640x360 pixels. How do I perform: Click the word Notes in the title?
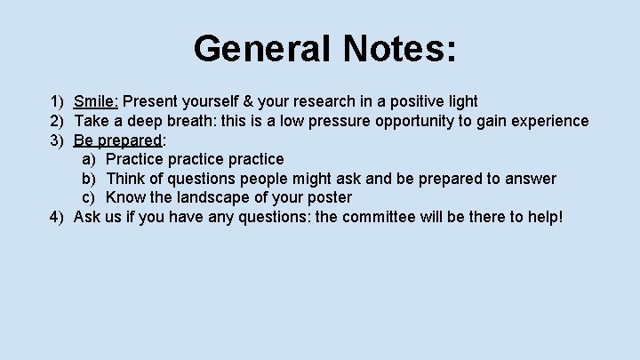396,49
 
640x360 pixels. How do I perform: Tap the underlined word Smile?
96,101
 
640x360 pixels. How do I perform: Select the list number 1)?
58,101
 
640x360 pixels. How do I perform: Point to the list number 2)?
58,121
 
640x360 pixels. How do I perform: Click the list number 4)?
58,217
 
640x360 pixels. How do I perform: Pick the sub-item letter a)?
89,159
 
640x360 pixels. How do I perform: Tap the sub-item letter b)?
89,179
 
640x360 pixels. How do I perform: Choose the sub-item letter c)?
89,197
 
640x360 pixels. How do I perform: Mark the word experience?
548,121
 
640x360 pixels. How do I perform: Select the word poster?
329,197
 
